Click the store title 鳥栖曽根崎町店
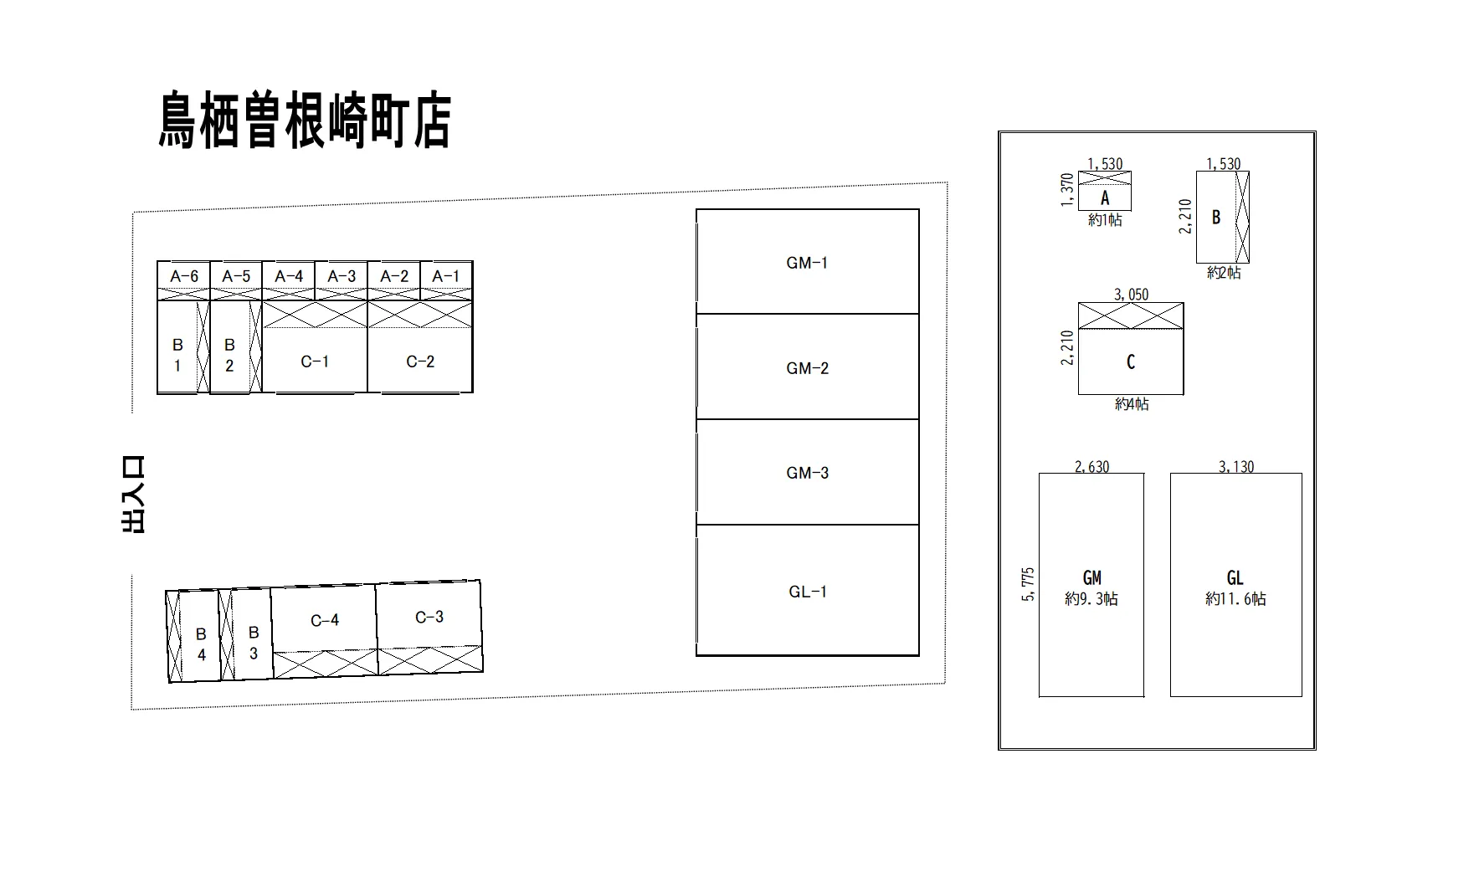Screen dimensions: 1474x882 pyautogui.click(x=305, y=121)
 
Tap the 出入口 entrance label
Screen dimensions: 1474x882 pyautogui.click(x=133, y=495)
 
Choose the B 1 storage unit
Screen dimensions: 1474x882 pyautogui.click(x=178, y=346)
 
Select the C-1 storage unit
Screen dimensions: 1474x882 pyautogui.click(x=315, y=347)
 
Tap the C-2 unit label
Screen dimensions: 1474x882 pyautogui.click(x=420, y=362)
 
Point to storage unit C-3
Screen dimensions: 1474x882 pyautogui.click(x=429, y=628)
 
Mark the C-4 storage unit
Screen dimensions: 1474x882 pyautogui.click(x=325, y=632)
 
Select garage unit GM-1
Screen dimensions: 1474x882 pyautogui.click(x=808, y=262)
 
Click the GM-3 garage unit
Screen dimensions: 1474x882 pyautogui.click(x=808, y=472)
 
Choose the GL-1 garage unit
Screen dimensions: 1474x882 pyautogui.click(x=808, y=590)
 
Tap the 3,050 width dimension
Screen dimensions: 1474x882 pyautogui.click(x=1132, y=295)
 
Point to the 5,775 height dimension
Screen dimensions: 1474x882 pyautogui.click(x=1029, y=584)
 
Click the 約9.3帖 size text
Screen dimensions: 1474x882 pyautogui.click(x=1091, y=599)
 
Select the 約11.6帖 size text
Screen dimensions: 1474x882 pyautogui.click(x=1235, y=599)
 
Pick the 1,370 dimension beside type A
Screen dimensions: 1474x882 pyautogui.click(x=1066, y=191)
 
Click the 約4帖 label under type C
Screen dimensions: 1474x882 pyautogui.click(x=1132, y=404)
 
